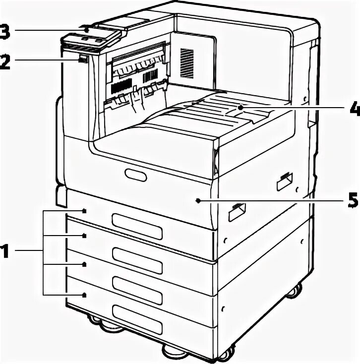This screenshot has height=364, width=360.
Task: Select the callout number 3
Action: (x=3, y=31)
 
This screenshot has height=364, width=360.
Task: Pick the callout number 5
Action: (x=353, y=200)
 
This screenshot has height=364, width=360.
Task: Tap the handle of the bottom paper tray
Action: (x=137, y=313)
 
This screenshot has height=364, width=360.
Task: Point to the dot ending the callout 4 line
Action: (x=240, y=106)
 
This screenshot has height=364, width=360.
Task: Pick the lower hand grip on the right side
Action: (x=236, y=212)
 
